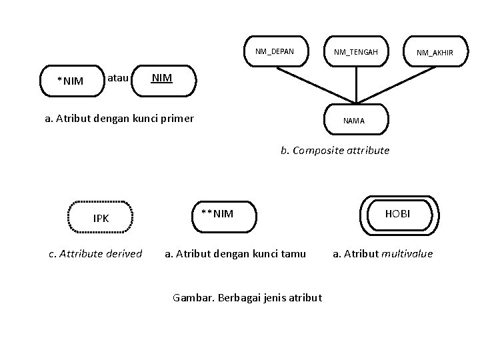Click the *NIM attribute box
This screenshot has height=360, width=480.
click(x=69, y=81)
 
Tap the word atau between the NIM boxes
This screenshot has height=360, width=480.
click(x=118, y=79)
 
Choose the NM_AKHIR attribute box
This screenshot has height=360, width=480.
click(x=435, y=53)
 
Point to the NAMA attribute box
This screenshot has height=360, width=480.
click(x=354, y=121)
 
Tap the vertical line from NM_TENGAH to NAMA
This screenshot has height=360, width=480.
click(x=356, y=85)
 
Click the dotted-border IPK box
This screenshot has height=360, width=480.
click(x=101, y=218)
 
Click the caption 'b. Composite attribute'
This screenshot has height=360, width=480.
click(x=335, y=151)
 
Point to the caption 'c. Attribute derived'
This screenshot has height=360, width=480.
click(x=96, y=253)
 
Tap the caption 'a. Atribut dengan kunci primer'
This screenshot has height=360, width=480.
click(x=119, y=119)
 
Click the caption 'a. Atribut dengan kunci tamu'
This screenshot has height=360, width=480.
click(x=235, y=253)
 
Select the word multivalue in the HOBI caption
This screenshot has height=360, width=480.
click(x=407, y=253)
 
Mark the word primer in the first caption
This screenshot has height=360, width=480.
click(x=178, y=119)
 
